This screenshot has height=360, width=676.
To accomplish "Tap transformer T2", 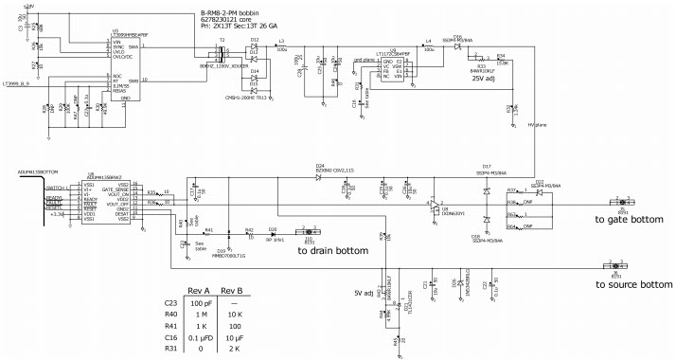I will coord(223,49).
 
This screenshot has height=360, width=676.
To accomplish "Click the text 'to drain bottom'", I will coord(332,250).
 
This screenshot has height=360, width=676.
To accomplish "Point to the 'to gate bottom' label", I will coord(629,219).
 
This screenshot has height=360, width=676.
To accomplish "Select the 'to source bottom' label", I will coord(632,284).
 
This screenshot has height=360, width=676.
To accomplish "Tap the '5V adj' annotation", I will coord(364,293).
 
